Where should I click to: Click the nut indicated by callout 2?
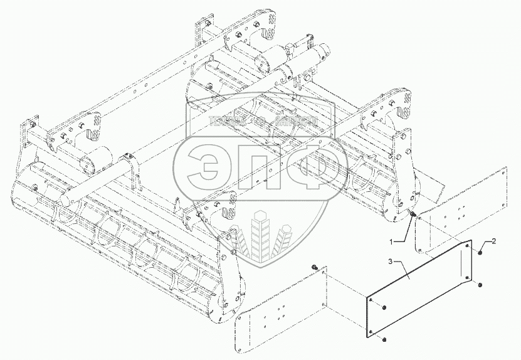coord(480,252)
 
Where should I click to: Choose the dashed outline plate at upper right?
coord(464,207)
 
